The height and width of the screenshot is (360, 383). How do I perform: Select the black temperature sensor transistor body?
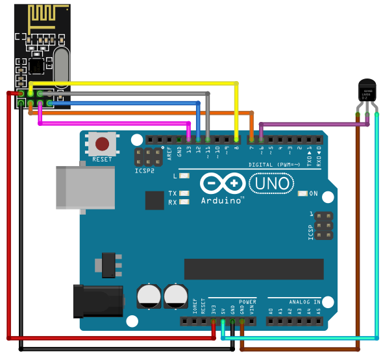point(367,91)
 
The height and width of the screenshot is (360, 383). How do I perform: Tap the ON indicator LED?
point(302,193)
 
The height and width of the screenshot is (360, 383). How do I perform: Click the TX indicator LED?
point(184,193)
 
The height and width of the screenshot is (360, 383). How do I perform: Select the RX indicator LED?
point(184,202)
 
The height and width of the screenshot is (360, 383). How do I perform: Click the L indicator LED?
point(184,176)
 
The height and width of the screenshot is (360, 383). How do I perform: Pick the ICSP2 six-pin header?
point(149,156)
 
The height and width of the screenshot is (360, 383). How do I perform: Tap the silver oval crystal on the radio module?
point(61,67)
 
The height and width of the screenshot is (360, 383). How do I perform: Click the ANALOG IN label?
point(304,302)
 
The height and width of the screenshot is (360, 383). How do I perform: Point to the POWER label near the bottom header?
point(248,302)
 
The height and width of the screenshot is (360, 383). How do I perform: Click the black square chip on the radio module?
point(36,66)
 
